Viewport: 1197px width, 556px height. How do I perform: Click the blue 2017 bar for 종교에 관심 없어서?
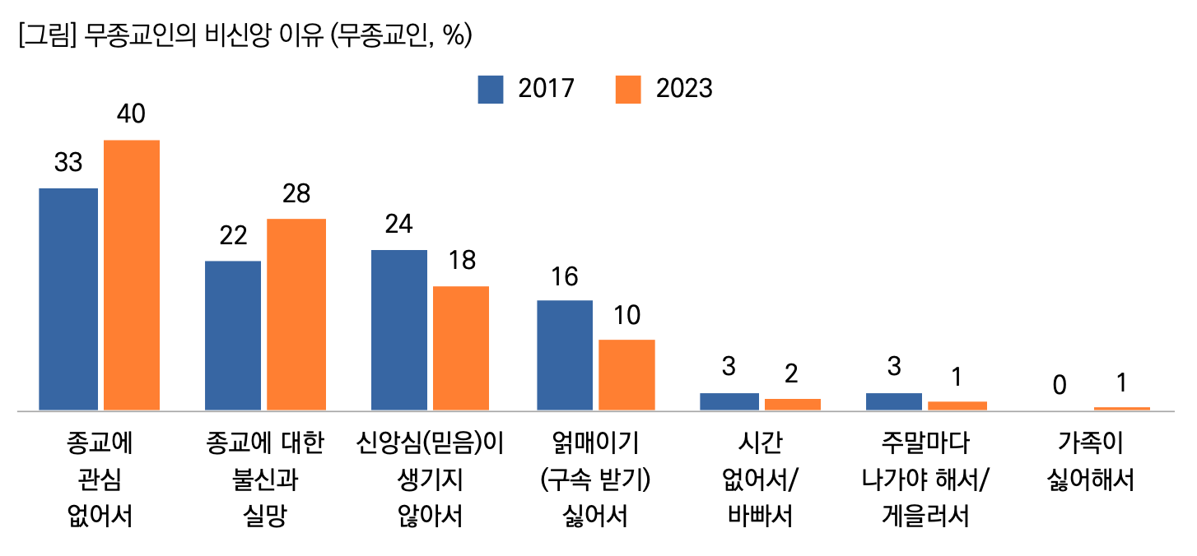click(68, 299)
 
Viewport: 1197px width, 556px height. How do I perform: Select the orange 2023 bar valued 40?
click(131, 275)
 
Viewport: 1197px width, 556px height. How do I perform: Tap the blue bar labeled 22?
click(233, 335)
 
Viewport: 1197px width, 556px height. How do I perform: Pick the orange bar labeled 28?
click(296, 314)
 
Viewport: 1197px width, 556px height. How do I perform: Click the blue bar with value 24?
click(399, 329)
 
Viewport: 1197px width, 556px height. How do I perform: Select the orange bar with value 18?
click(461, 348)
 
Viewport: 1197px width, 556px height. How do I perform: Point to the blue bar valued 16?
click(565, 354)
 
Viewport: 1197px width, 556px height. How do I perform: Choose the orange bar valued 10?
click(626, 374)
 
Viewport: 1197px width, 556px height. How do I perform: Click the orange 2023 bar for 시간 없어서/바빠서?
click(793, 404)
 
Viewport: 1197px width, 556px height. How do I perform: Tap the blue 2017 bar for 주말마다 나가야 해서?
click(894, 401)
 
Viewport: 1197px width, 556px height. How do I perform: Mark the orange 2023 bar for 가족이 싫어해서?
click(1121, 408)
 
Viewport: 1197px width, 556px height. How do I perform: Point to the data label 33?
click(68, 163)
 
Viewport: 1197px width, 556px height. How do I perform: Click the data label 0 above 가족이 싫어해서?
click(1060, 384)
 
